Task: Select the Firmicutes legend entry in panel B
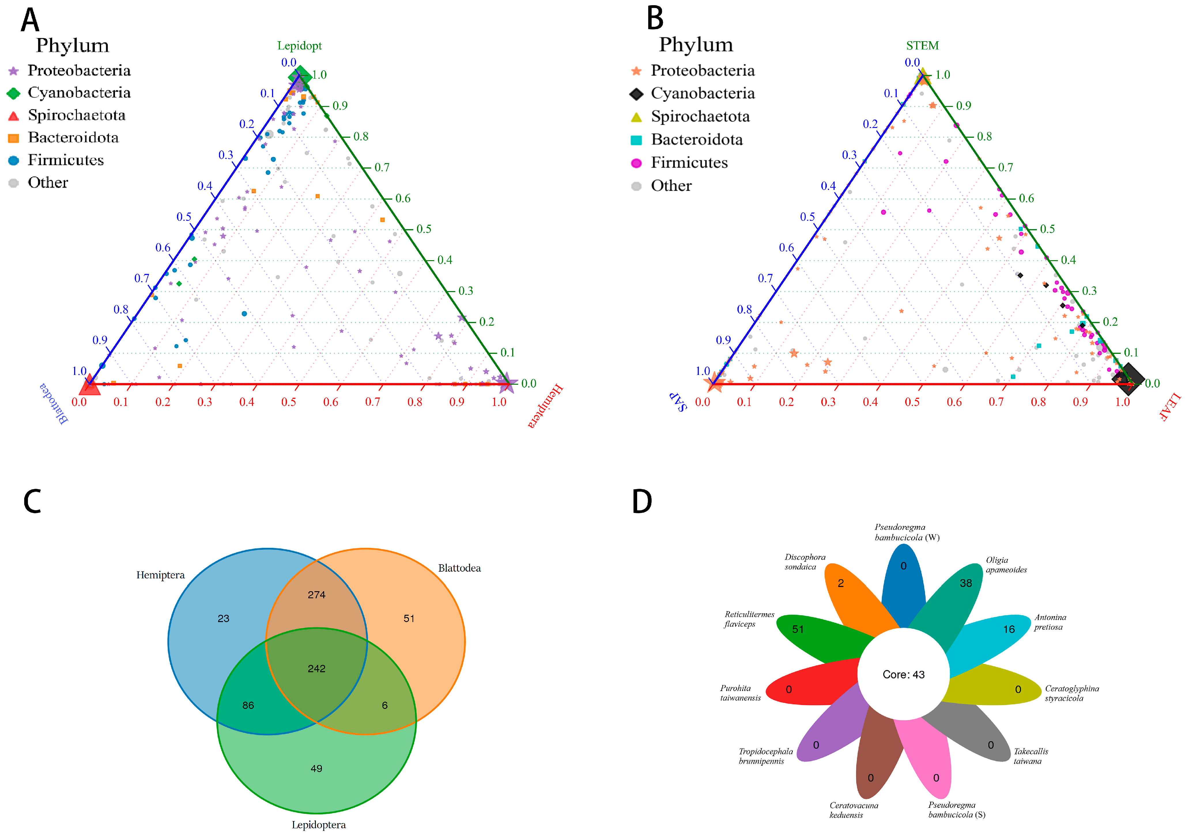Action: click(689, 163)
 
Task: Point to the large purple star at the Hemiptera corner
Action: click(507, 383)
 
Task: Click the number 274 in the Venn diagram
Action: click(316, 595)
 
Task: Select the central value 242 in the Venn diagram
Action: click(316, 669)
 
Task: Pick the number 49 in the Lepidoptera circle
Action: click(316, 769)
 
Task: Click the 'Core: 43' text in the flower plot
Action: click(904, 674)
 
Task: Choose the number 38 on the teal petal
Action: click(966, 583)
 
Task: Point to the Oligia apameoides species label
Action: click(1006, 565)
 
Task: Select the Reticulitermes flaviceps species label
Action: click(749, 619)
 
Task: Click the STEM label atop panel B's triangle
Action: click(922, 46)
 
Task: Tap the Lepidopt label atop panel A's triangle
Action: click(299, 46)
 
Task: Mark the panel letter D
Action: click(642, 501)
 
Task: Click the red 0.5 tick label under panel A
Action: click(288, 402)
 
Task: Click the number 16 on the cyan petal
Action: click(1009, 629)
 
